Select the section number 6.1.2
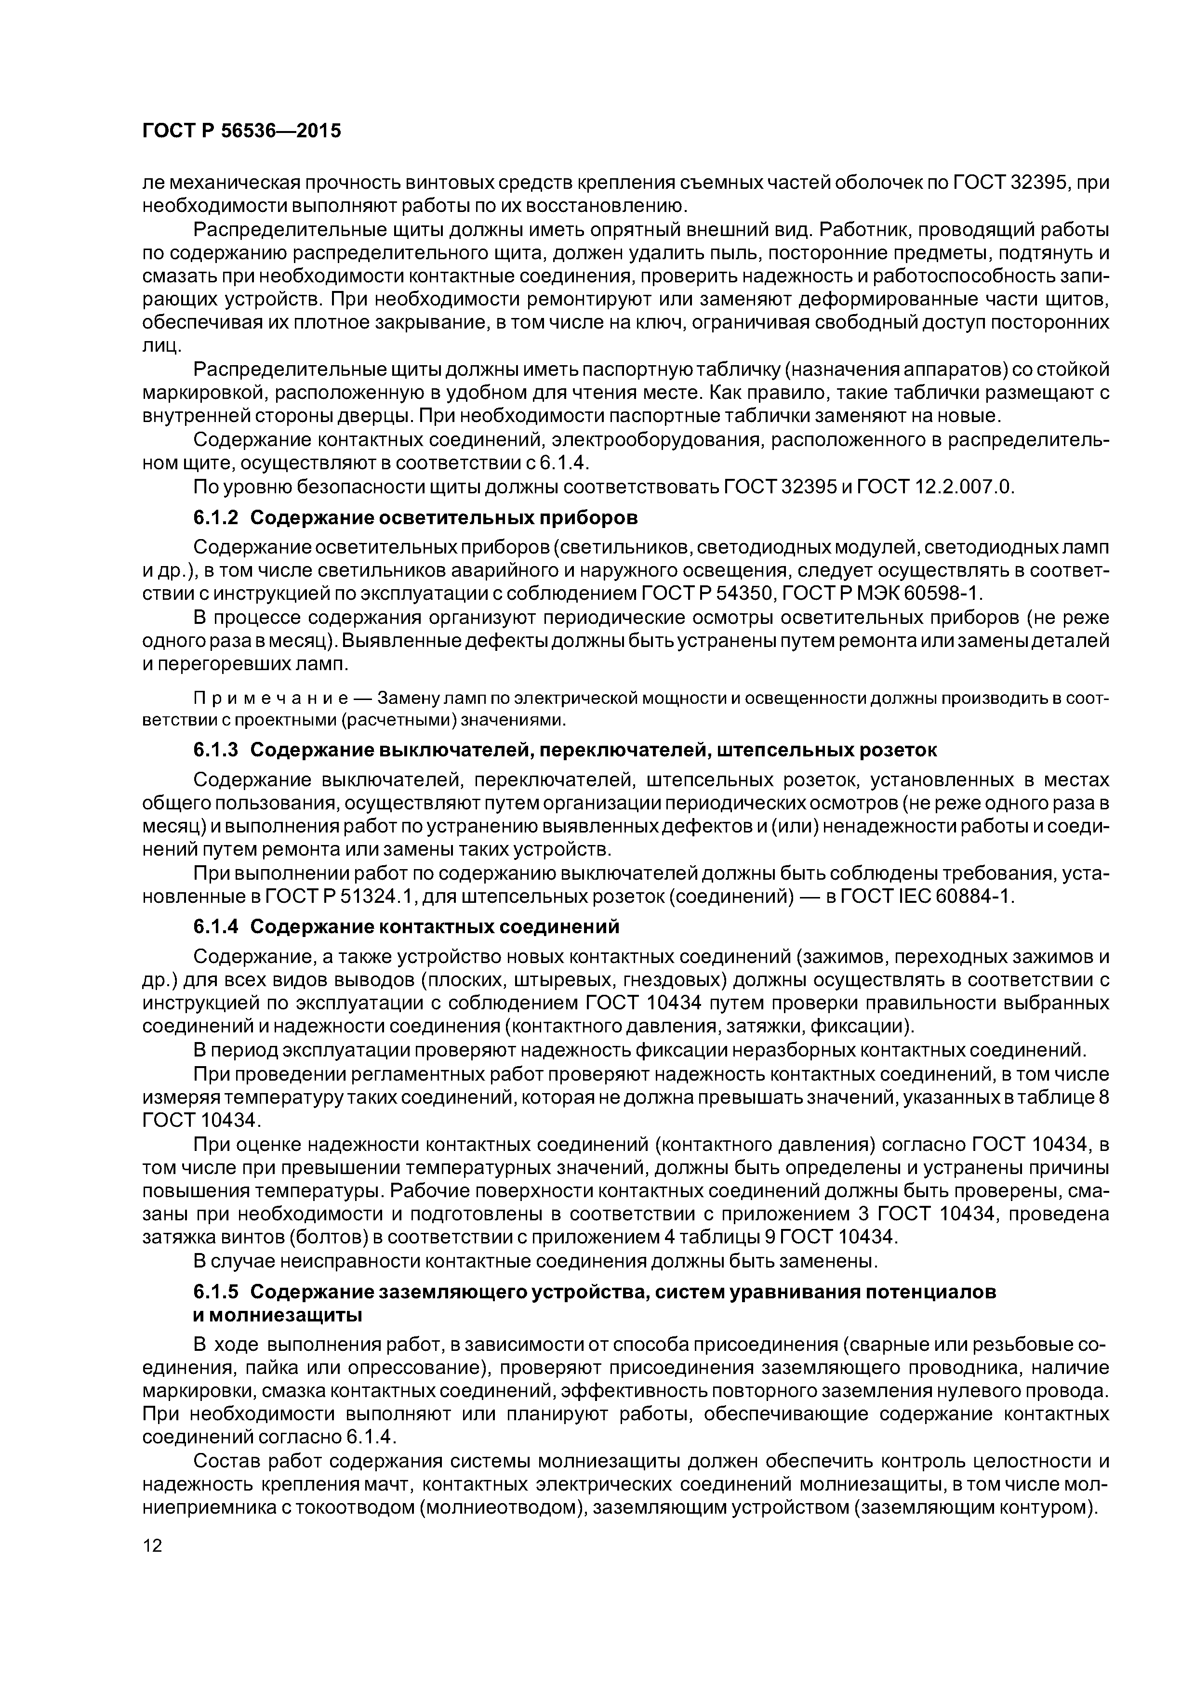click(216, 517)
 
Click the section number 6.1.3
click(216, 750)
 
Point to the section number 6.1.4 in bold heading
click(216, 926)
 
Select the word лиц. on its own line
click(161, 345)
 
